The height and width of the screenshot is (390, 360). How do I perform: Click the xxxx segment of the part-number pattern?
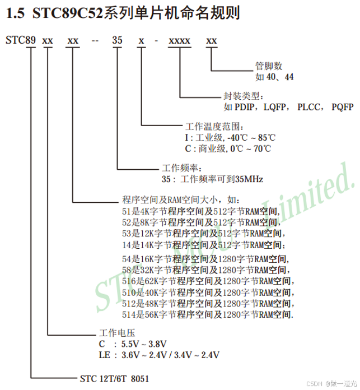point(180,41)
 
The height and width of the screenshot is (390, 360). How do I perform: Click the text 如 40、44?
point(274,76)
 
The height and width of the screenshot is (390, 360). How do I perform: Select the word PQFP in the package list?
point(342,106)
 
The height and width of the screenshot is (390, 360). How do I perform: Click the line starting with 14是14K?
point(204,245)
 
